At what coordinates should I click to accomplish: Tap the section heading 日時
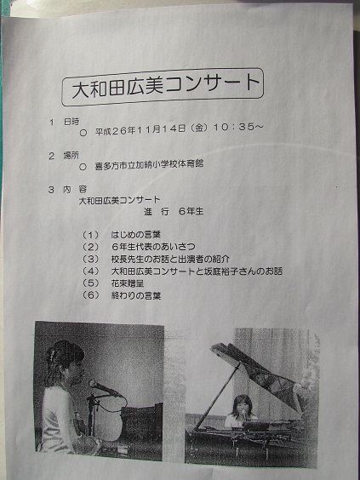point(71,122)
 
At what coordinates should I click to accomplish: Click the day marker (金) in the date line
point(199,128)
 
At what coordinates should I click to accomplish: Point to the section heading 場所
point(71,155)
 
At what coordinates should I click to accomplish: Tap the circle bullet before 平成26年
point(83,133)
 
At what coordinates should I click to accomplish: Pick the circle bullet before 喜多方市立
point(83,167)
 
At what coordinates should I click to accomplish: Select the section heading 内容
point(75,189)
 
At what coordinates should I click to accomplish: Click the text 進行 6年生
point(174,212)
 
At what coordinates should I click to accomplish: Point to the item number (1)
point(91,235)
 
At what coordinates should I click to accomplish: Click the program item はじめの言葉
point(135,235)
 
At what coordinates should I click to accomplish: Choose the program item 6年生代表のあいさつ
point(153,247)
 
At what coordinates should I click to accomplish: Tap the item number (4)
point(91,271)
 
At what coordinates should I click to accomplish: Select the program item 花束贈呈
point(128,283)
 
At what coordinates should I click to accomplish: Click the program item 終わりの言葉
point(136,295)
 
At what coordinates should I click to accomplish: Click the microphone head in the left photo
point(94,384)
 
